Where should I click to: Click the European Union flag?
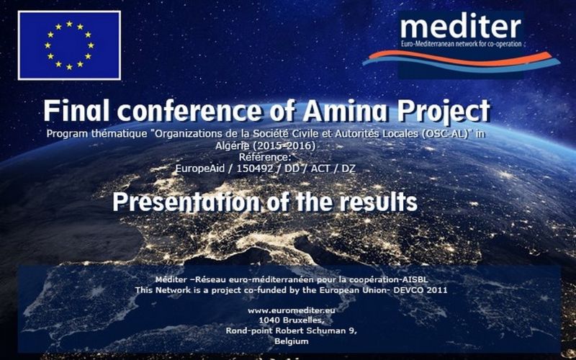[x=69, y=45]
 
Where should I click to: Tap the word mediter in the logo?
[x=461, y=27]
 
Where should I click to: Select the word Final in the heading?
[x=76, y=110]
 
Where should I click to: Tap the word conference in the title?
[x=189, y=110]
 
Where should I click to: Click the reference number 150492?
[x=255, y=168]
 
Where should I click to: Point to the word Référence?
[x=265, y=157]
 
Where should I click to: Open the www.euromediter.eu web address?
[x=292, y=310]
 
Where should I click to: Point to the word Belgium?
[x=292, y=341]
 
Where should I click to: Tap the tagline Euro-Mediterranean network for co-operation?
[x=461, y=44]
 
